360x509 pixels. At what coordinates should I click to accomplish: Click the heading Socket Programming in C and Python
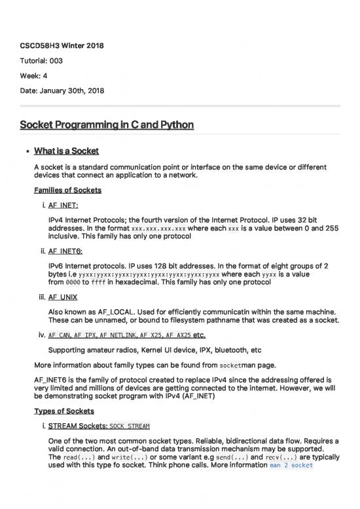(x=107, y=124)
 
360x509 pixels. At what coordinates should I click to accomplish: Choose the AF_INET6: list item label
(x=66, y=250)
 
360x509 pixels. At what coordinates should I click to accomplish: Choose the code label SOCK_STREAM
(x=130, y=426)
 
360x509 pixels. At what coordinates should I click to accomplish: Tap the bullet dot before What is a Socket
(x=25, y=151)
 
